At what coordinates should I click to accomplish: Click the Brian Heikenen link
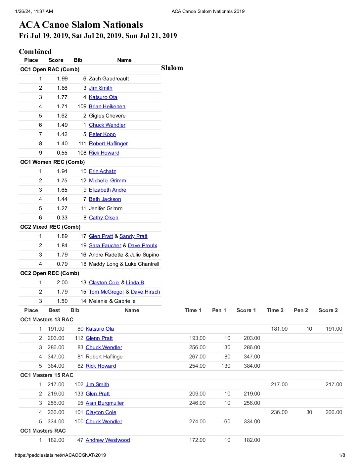click(x=107, y=107)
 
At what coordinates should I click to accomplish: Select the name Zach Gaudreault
click(x=109, y=79)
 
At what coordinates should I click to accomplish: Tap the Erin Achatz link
click(x=102, y=171)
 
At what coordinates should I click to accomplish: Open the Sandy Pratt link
click(x=133, y=236)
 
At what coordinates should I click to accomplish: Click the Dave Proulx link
click(x=142, y=246)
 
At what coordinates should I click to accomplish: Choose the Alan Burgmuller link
click(x=105, y=403)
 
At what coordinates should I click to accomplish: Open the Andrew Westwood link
click(x=108, y=440)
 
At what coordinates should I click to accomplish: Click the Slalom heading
click(x=172, y=68)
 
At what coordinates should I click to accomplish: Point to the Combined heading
click(x=35, y=52)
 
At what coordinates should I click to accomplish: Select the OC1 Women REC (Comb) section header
click(x=53, y=162)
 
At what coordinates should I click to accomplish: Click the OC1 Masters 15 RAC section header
click(x=47, y=375)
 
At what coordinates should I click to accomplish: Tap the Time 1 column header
click(x=193, y=310)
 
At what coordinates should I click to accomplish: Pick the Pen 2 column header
click(x=301, y=310)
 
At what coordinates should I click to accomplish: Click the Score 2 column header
click(x=328, y=310)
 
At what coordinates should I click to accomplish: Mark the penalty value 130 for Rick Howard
click(x=226, y=366)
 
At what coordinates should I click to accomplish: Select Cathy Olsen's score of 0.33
click(x=62, y=218)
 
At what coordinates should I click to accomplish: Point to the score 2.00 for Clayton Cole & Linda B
click(x=62, y=283)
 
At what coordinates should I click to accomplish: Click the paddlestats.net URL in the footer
click(x=61, y=455)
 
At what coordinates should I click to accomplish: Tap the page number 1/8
click(x=342, y=455)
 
